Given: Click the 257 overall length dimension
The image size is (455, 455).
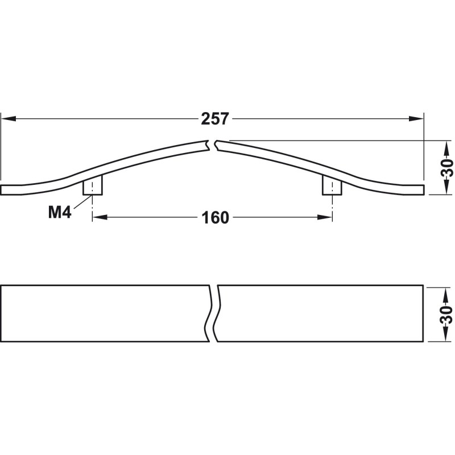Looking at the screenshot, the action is pyautogui.click(x=215, y=119).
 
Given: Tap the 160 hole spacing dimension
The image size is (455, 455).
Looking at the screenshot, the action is pyautogui.click(x=215, y=218).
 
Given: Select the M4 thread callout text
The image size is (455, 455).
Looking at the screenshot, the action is pyautogui.click(x=60, y=212).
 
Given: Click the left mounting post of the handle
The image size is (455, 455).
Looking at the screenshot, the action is pyautogui.click(x=93, y=185).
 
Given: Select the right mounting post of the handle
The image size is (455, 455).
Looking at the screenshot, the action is pyautogui.click(x=332, y=185).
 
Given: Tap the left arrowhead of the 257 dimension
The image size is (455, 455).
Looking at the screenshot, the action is pyautogui.click(x=9, y=119).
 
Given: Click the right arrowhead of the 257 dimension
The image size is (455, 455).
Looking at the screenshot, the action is pyautogui.click(x=416, y=119).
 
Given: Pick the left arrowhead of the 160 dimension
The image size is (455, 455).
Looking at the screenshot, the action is pyautogui.click(x=100, y=217).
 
